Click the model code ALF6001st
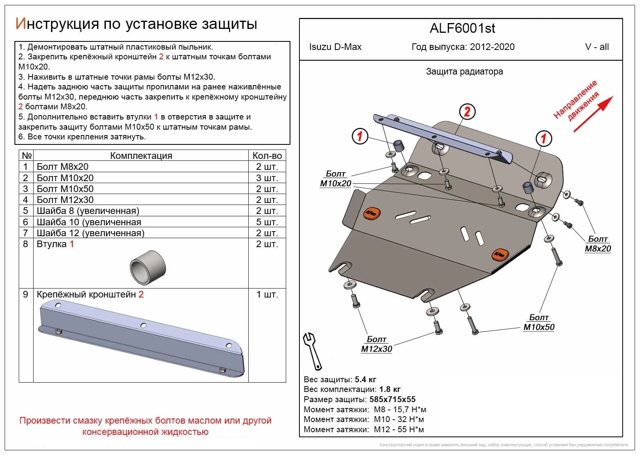coord(462,28)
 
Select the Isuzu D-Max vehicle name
coord(335,47)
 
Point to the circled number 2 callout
coord(467,112)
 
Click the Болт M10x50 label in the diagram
coord(539,322)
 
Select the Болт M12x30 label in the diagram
coord(376,344)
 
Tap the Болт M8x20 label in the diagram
coord(598,244)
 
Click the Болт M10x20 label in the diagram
coord(336,179)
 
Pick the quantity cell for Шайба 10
coord(267,222)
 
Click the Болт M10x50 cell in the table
coord(65,189)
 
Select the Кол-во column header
coord(267,156)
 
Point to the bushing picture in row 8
coord(148,268)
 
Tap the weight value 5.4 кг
coord(365,379)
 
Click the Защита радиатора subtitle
coord(464,71)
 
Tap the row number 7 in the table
coord(26,233)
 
